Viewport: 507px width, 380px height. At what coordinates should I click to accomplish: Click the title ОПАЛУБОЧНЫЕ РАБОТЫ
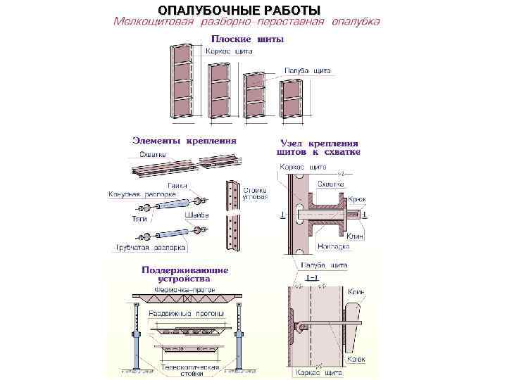tap(239, 10)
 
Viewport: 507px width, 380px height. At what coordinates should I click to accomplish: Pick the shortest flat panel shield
tap(291, 99)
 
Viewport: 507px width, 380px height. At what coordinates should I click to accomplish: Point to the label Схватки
tap(153, 154)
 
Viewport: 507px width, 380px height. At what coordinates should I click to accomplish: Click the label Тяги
tap(139, 219)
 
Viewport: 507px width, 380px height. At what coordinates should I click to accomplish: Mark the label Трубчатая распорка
tap(151, 248)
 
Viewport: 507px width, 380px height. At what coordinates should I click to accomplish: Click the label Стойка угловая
tap(255, 194)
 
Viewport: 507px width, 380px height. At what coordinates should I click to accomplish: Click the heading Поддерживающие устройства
tap(185, 274)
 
